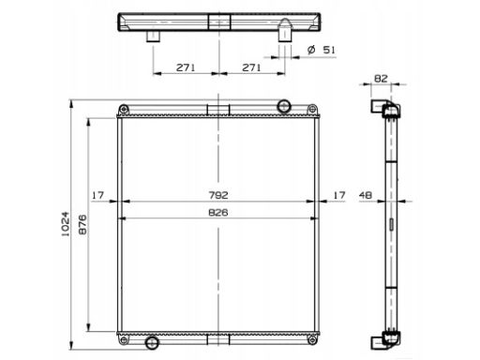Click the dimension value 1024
[x=66, y=224]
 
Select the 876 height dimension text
[x=82, y=224]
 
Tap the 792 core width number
[x=218, y=195]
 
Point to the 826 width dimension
[x=218, y=213]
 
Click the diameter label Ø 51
[x=321, y=50]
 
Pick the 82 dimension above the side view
[x=381, y=79]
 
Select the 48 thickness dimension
[x=366, y=195]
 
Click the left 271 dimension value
[x=186, y=67]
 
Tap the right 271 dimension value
[x=251, y=67]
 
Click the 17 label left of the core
[x=97, y=195]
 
